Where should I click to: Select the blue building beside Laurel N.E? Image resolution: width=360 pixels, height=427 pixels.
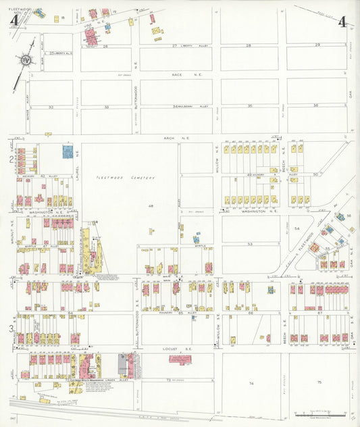(68, 151)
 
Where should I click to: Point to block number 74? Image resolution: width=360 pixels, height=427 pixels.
(251, 383)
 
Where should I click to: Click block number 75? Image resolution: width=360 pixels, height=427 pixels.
(319, 383)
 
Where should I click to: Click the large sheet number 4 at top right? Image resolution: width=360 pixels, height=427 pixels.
(342, 21)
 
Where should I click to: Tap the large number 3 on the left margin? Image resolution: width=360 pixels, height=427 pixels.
(11, 329)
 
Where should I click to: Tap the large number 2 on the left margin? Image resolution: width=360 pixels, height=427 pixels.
(11, 159)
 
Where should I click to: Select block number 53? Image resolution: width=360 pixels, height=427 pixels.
(249, 244)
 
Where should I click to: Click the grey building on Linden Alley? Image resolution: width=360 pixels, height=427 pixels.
(122, 365)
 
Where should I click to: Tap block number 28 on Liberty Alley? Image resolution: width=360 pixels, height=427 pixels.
(248, 45)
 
